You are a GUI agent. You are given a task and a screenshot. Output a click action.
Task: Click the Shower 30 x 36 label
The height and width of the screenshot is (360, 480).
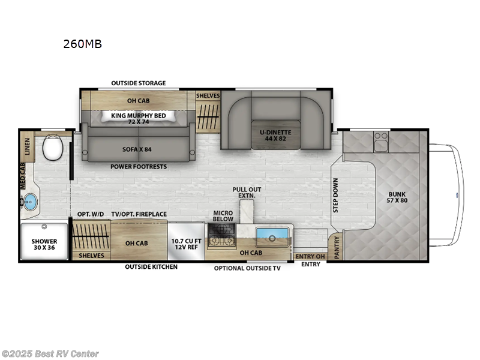point(44,245)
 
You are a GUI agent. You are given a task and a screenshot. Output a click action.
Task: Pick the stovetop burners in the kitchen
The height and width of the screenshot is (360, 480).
point(222,241)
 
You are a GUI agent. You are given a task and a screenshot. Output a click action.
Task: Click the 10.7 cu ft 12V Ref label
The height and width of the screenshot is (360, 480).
point(186,244)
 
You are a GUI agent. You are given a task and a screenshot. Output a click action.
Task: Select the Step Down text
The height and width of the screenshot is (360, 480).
point(335,194)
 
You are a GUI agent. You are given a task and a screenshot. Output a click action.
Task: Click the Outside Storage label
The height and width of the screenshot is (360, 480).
point(139,83)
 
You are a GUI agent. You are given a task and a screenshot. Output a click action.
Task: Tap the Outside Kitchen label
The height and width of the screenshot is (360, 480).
point(151,266)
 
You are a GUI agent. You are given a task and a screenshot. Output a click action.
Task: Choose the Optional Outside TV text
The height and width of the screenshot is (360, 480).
point(247,268)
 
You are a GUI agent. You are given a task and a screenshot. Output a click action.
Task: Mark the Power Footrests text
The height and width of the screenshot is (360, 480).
point(138,166)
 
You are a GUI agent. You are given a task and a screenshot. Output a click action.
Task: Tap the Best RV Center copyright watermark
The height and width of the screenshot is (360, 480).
point(50,354)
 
